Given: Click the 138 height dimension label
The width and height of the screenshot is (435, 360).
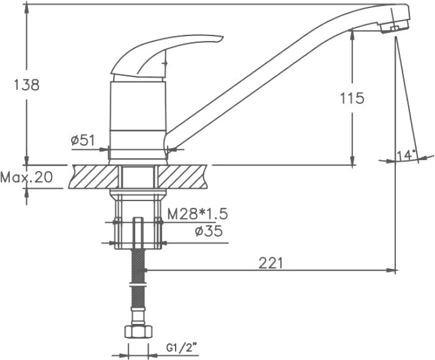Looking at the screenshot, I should [x=26, y=85].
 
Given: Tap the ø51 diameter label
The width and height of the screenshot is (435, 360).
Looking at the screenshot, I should [x=83, y=140].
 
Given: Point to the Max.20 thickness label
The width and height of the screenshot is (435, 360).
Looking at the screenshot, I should [x=26, y=178].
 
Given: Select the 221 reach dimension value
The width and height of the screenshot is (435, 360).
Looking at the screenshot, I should [x=270, y=262].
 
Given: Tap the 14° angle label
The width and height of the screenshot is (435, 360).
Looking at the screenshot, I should [x=406, y=155].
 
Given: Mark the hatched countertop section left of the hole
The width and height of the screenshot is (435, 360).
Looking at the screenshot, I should [x=95, y=177].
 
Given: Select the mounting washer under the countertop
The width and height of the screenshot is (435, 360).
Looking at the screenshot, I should [x=138, y=194].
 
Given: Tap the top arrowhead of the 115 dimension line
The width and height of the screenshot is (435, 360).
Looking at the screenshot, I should [x=352, y=35].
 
